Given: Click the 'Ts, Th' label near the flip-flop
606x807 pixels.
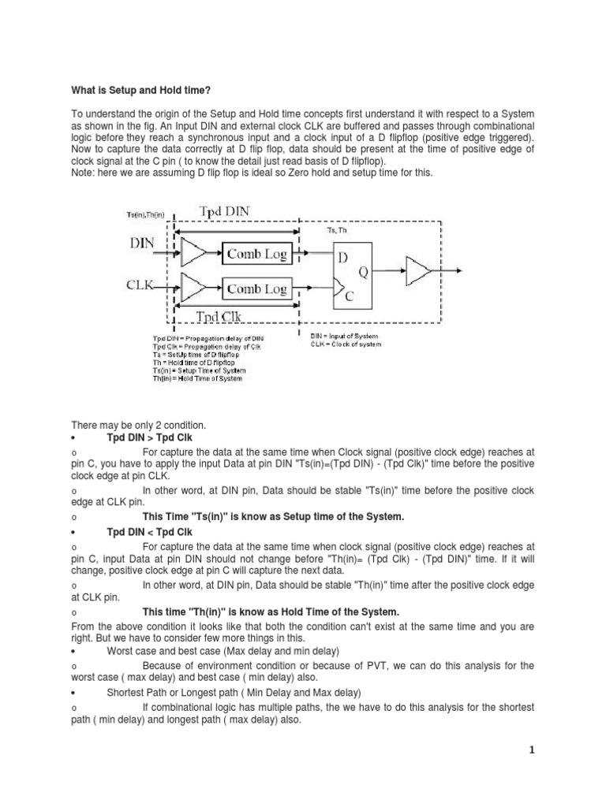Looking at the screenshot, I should (337, 230).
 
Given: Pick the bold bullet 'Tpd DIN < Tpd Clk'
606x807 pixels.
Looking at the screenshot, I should (149, 533).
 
